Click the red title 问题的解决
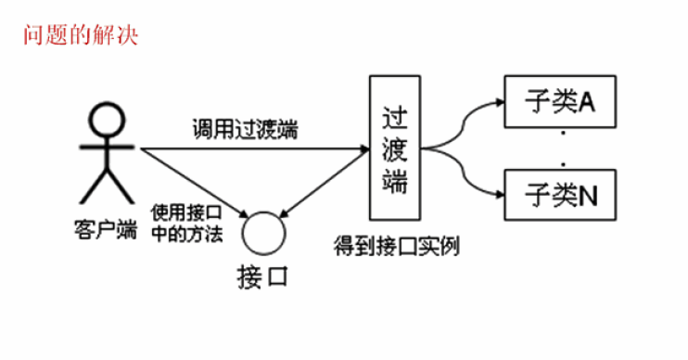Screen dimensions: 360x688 (x=82, y=37)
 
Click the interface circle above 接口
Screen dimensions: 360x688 (x=261, y=232)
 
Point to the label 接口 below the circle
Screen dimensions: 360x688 (x=261, y=276)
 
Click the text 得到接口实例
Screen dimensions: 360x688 (x=398, y=248)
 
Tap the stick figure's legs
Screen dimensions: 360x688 (x=105, y=186)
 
